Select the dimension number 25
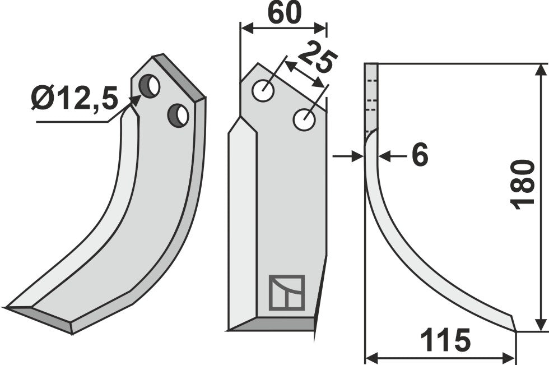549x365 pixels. (317, 60)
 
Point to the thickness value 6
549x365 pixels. (419, 155)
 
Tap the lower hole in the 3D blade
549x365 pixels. (178, 115)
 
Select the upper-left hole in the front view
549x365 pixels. (262, 91)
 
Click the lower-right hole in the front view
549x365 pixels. (304, 120)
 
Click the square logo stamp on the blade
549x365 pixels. (286, 293)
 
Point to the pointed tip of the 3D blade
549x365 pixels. (7, 307)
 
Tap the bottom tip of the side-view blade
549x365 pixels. (515, 330)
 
